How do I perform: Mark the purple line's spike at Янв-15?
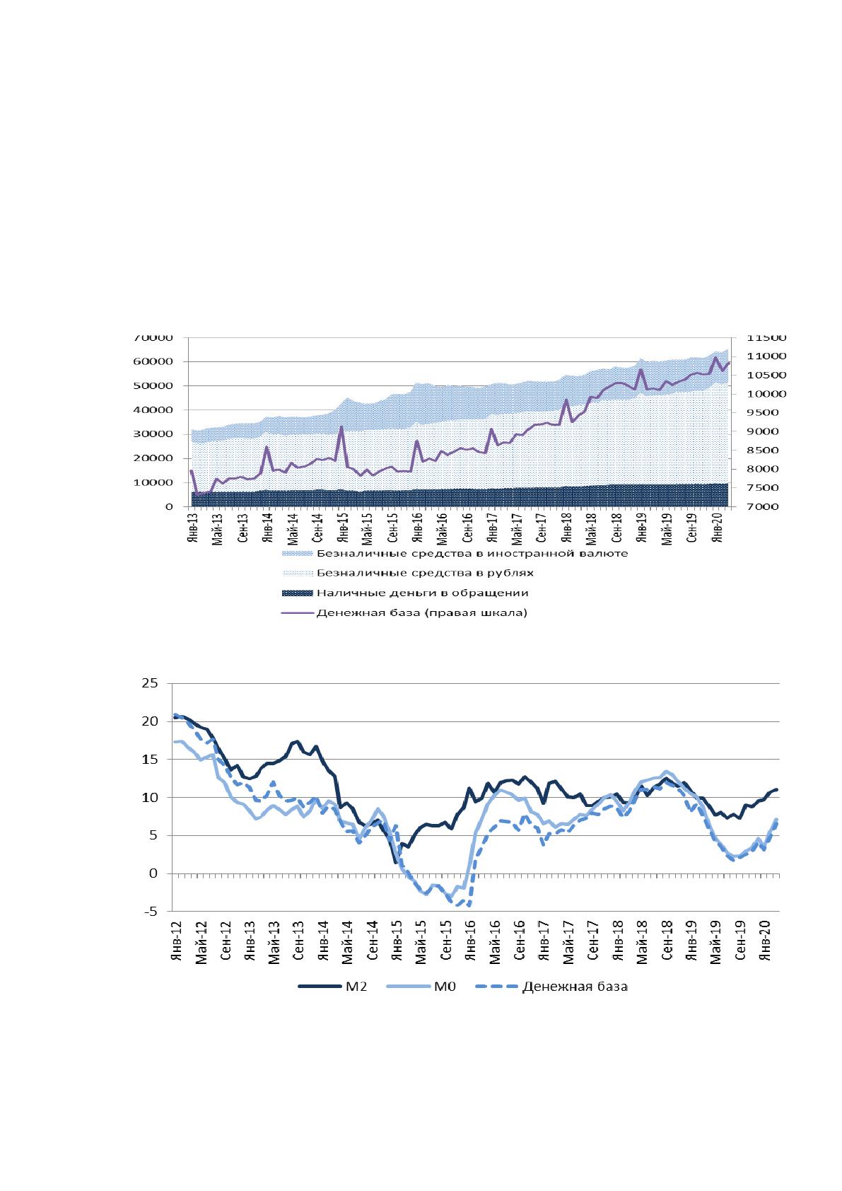341,426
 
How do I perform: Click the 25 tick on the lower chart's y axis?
150,683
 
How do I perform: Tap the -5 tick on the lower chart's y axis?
150,912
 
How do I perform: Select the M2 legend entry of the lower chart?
333,987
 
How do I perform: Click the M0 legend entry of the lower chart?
421,987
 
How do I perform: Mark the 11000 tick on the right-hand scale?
766,356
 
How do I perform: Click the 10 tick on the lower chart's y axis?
150,798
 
